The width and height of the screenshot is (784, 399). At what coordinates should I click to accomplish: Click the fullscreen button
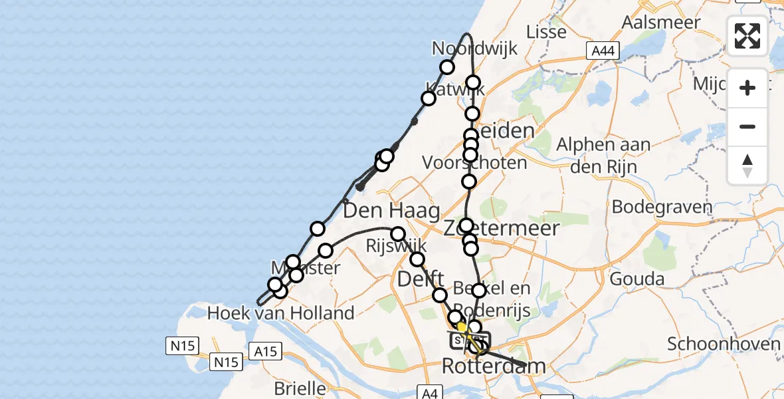(747, 36)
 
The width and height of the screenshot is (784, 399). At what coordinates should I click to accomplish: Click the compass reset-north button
(747, 166)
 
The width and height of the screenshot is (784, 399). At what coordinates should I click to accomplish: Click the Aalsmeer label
(661, 22)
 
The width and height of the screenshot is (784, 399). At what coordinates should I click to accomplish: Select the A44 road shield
(603, 51)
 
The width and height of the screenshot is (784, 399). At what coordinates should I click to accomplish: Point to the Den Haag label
(391, 211)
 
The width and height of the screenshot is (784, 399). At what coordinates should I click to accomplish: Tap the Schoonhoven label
(724, 344)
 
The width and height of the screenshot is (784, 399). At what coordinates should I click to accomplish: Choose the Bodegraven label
(662, 206)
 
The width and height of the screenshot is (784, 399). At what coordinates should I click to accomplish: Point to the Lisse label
(546, 31)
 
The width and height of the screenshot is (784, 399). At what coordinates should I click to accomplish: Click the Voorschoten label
(475, 163)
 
